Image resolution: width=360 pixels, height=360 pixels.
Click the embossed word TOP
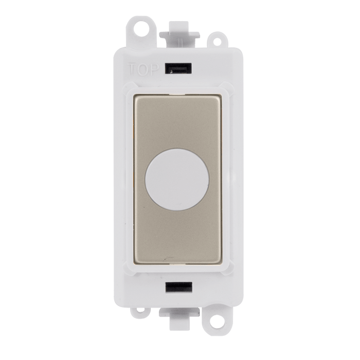tap(143, 69)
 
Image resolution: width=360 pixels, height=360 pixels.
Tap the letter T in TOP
tap(133, 69)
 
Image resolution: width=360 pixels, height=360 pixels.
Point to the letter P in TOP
tap(154, 69)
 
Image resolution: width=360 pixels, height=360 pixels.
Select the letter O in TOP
tap(144, 69)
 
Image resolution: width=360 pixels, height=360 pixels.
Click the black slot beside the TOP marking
tap(178, 68)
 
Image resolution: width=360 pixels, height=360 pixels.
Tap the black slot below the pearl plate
tap(178, 287)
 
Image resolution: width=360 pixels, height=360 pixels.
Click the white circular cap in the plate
tap(177, 179)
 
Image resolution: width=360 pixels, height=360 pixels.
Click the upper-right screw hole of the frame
tap(217, 42)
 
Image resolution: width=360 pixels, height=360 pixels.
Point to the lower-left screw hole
tap(140, 311)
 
